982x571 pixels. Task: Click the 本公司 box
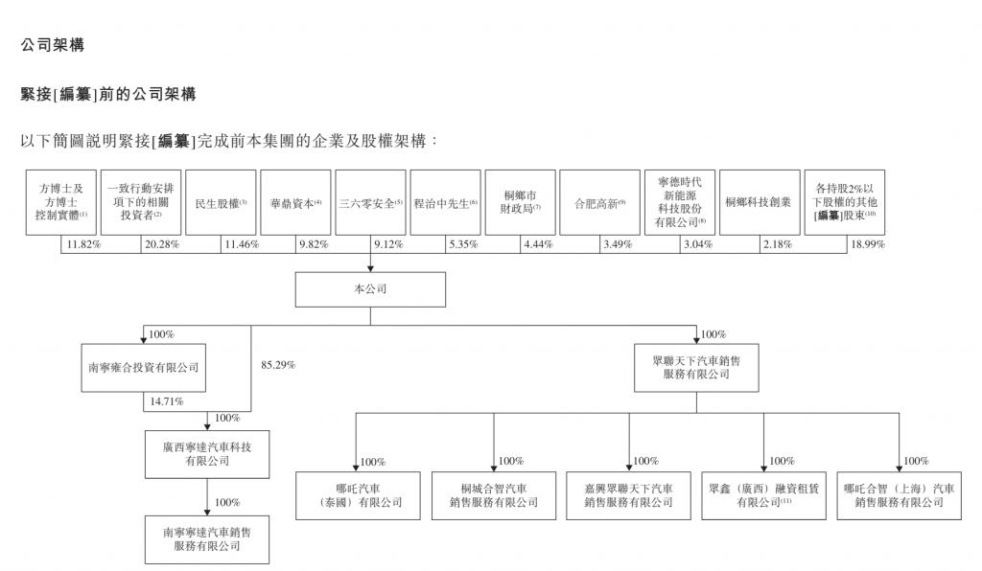coord(370,289)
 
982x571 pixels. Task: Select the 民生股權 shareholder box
coord(221,203)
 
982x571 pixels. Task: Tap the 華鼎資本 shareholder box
coord(295,203)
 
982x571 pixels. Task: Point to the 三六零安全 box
coord(370,203)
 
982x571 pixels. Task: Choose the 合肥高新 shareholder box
coord(599,203)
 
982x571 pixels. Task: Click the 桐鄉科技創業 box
coord(760,203)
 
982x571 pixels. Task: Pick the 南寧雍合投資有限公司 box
coord(144,368)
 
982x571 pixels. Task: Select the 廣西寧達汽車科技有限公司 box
coord(207,454)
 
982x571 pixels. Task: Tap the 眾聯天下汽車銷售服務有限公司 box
coord(696,368)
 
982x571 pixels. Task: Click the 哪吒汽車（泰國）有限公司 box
coord(358,496)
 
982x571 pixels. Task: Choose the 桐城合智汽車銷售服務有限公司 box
coord(494,496)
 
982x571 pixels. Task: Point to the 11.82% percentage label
coord(83,244)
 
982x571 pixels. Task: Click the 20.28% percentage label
coord(161,244)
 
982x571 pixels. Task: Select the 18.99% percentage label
coord(867,244)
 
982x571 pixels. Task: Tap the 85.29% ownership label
coord(278,365)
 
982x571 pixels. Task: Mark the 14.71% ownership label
coord(167,401)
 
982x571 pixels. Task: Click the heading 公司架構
coord(53,45)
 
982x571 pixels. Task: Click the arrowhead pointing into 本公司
coord(370,268)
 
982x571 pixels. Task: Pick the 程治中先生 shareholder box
coord(445,203)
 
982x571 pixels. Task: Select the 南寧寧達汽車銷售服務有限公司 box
coord(207,539)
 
